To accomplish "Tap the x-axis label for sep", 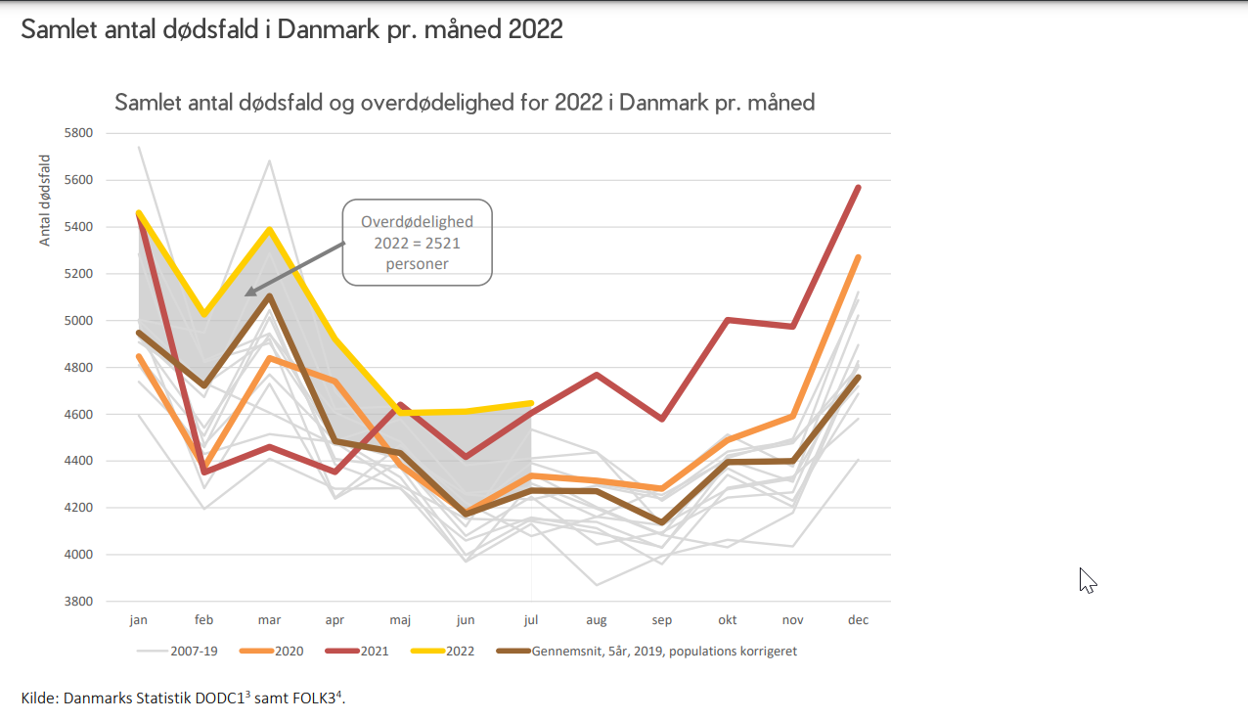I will [x=661, y=620].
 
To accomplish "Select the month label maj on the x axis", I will [x=399, y=620].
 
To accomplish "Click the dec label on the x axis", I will [x=858, y=620].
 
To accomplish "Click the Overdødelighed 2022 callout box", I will [x=417, y=243].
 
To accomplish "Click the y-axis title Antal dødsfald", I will [x=45, y=201].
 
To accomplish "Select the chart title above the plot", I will [x=465, y=103].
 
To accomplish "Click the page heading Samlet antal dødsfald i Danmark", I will [x=291, y=29].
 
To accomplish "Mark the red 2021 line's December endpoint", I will [x=858, y=187].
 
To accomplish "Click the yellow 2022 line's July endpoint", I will [x=530, y=403].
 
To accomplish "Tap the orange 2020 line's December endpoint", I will [x=858, y=257].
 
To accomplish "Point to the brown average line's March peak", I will [x=269, y=296].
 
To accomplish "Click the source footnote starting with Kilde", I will [x=184, y=698].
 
